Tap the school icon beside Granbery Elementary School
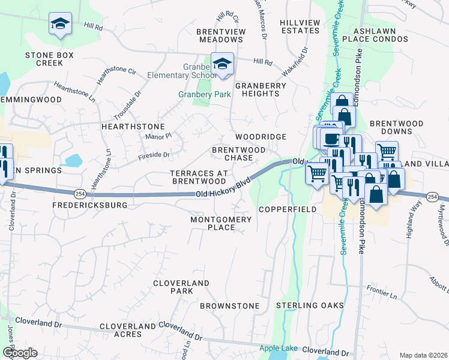(x=223, y=64)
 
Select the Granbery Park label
(x=196, y=94)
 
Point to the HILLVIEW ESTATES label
(x=300, y=26)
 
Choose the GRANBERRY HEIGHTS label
(x=261, y=89)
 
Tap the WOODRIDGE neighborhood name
(x=261, y=137)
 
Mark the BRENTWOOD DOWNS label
(x=396, y=127)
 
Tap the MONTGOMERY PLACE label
(x=220, y=223)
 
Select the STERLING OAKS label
(x=310, y=305)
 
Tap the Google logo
(x=19, y=353)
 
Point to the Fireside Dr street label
(x=154, y=155)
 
